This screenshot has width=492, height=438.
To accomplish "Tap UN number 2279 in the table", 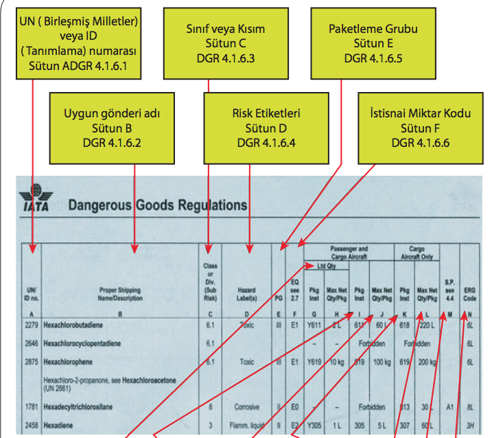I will [32, 325].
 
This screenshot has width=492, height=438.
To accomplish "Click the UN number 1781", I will [32, 406].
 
